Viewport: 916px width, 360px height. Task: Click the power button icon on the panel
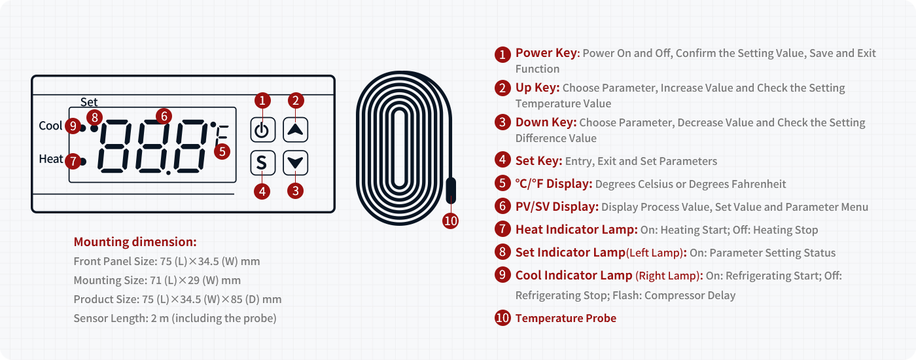click(262, 130)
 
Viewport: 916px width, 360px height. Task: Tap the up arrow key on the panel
click(295, 130)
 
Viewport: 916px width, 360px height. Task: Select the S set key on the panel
click(262, 163)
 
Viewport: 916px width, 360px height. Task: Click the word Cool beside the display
click(51, 126)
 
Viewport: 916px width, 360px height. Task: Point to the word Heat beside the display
click(51, 158)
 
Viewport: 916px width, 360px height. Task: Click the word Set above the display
click(89, 102)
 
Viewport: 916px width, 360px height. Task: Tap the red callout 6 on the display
click(164, 117)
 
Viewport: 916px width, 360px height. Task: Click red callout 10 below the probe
click(450, 221)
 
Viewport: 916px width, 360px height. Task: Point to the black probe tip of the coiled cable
click(451, 190)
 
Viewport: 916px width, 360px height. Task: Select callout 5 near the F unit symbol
click(222, 152)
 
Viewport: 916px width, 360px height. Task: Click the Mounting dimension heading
click(135, 242)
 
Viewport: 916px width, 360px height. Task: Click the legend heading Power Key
click(546, 53)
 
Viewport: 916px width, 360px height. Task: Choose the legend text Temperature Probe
click(565, 318)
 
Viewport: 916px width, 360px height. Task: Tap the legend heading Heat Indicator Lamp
click(576, 230)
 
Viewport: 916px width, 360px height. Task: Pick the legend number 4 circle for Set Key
click(502, 160)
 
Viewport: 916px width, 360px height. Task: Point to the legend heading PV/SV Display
click(557, 207)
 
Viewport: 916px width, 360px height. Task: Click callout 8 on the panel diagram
click(94, 118)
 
